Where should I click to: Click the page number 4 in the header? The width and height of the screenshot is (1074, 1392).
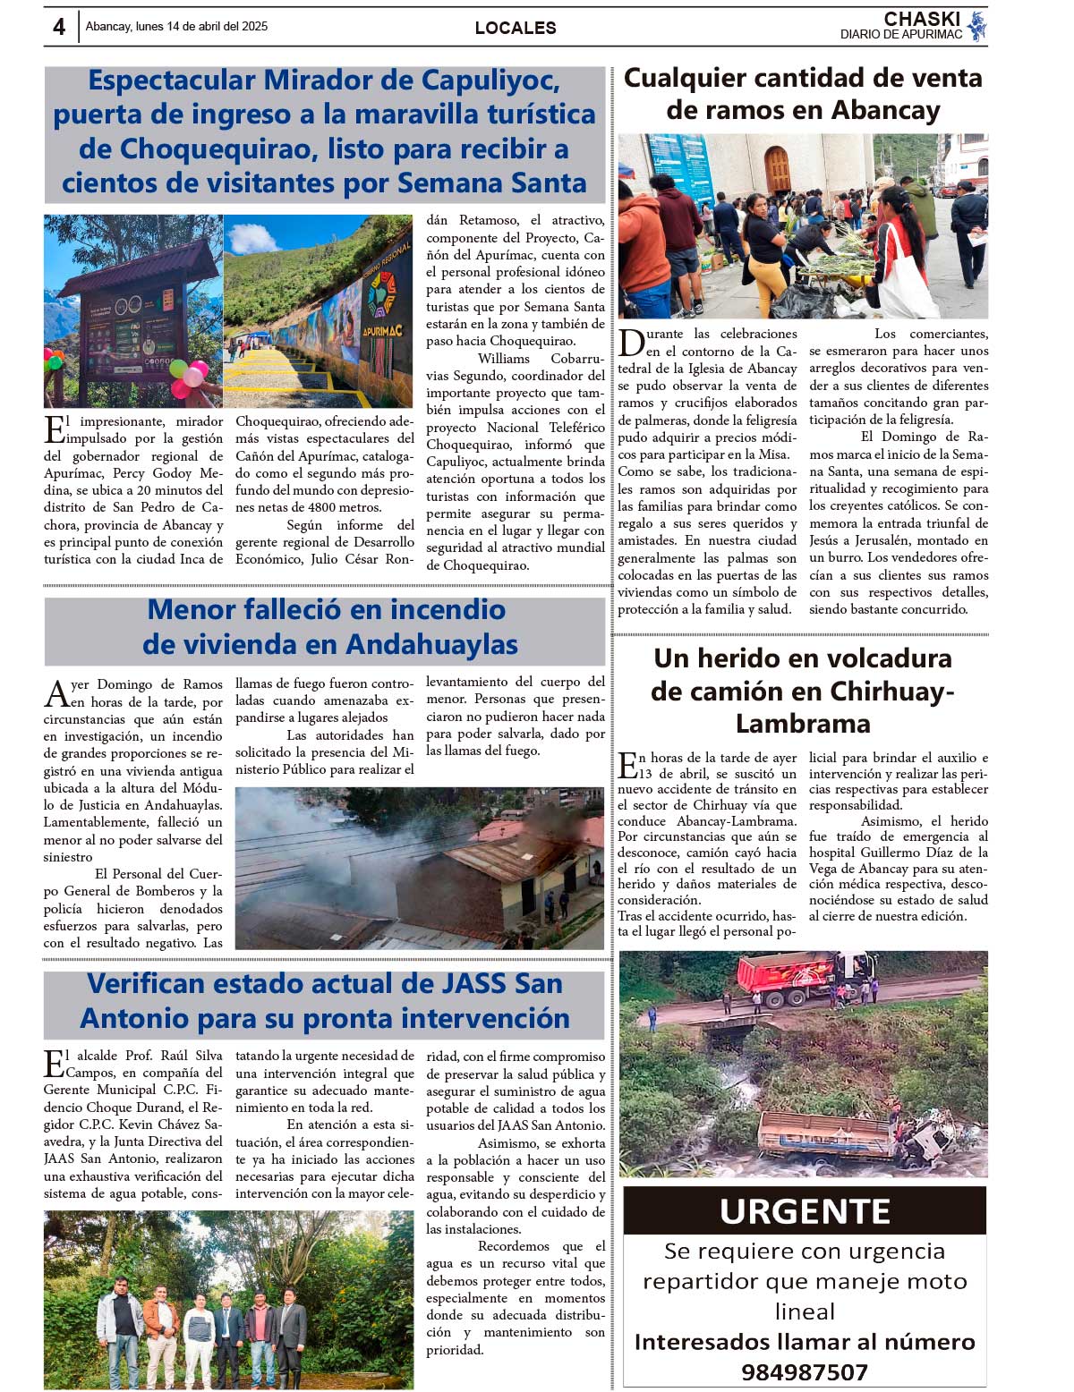tap(59, 27)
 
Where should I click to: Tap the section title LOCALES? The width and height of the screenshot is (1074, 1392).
tap(516, 28)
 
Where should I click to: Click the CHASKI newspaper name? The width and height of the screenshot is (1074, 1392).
tap(922, 19)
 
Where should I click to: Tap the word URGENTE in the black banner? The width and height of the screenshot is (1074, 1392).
tap(805, 1211)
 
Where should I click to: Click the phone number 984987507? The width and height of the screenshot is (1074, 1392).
tap(805, 1371)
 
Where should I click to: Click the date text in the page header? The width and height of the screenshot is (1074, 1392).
tap(176, 27)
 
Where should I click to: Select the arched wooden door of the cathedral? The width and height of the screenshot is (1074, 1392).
tap(777, 169)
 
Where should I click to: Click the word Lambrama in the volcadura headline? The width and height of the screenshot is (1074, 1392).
tap(803, 723)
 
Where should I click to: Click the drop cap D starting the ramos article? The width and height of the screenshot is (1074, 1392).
tap(631, 342)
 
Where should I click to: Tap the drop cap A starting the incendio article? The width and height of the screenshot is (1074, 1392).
tap(56, 692)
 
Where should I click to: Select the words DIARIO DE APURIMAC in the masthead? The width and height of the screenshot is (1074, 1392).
tap(900, 35)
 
